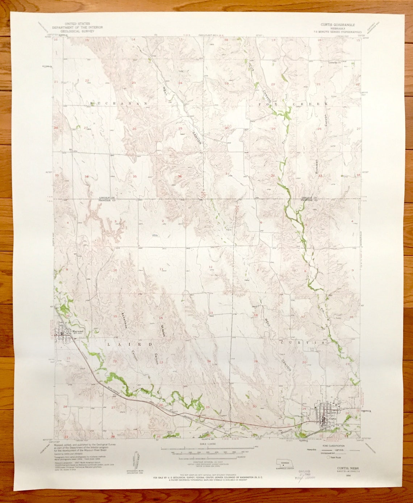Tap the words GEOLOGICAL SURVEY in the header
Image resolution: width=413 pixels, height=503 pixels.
[78, 31]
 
